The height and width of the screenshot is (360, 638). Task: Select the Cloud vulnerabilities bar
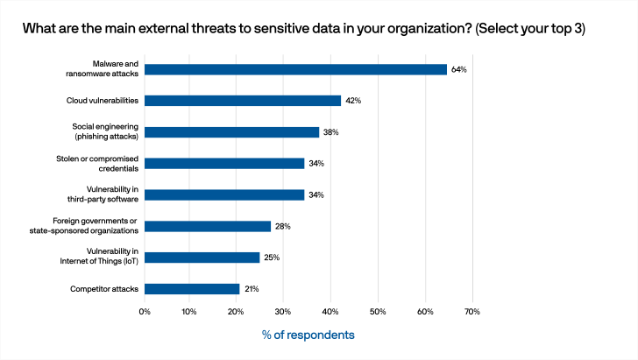click(x=243, y=101)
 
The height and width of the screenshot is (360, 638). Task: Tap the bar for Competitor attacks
click(x=192, y=289)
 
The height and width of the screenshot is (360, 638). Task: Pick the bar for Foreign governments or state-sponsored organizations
click(x=208, y=226)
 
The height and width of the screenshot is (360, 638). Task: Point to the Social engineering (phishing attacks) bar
click(x=231, y=132)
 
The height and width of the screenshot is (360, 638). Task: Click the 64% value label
click(x=458, y=69)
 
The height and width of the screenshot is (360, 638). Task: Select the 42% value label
click(x=353, y=101)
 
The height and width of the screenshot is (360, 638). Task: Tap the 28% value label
click(x=283, y=226)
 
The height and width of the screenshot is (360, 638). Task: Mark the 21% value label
click(x=251, y=289)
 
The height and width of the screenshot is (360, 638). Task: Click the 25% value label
click(x=272, y=258)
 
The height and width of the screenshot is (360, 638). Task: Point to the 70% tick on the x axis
click(x=471, y=311)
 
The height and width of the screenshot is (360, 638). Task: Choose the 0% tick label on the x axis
click(x=145, y=311)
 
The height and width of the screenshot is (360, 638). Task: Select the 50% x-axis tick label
click(x=378, y=311)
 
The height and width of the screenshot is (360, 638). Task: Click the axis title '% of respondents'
click(x=308, y=335)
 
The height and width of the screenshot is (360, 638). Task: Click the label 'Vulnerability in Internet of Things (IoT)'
click(x=104, y=258)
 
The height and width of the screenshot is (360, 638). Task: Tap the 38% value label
click(x=330, y=132)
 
